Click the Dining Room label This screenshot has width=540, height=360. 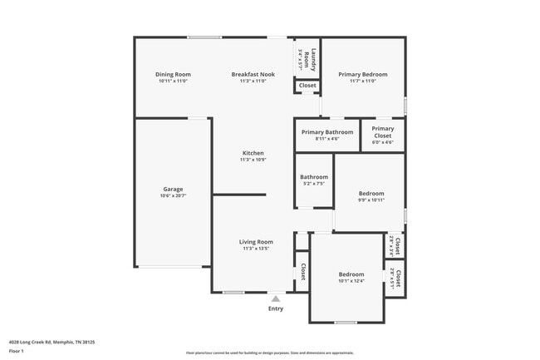(x=173, y=75)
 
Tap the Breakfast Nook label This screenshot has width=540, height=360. (x=253, y=75)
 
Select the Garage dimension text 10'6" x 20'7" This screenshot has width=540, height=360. (x=173, y=196)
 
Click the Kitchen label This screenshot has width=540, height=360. (x=253, y=153)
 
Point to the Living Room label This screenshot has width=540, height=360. (x=256, y=242)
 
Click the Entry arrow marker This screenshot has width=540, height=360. (x=276, y=298)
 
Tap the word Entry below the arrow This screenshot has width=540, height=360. (x=276, y=308)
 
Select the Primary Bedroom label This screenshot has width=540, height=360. (x=363, y=75)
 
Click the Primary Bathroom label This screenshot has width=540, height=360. (x=327, y=132)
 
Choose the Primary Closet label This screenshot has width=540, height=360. (x=383, y=132)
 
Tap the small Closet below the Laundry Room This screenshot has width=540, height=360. (x=307, y=86)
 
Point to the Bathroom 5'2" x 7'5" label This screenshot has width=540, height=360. (x=314, y=177)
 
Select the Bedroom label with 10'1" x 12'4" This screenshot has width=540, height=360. (x=351, y=274)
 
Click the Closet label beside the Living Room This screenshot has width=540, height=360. (x=302, y=271)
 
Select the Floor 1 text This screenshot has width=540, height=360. (x=17, y=352)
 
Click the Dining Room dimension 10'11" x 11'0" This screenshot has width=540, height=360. (x=173, y=81)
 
